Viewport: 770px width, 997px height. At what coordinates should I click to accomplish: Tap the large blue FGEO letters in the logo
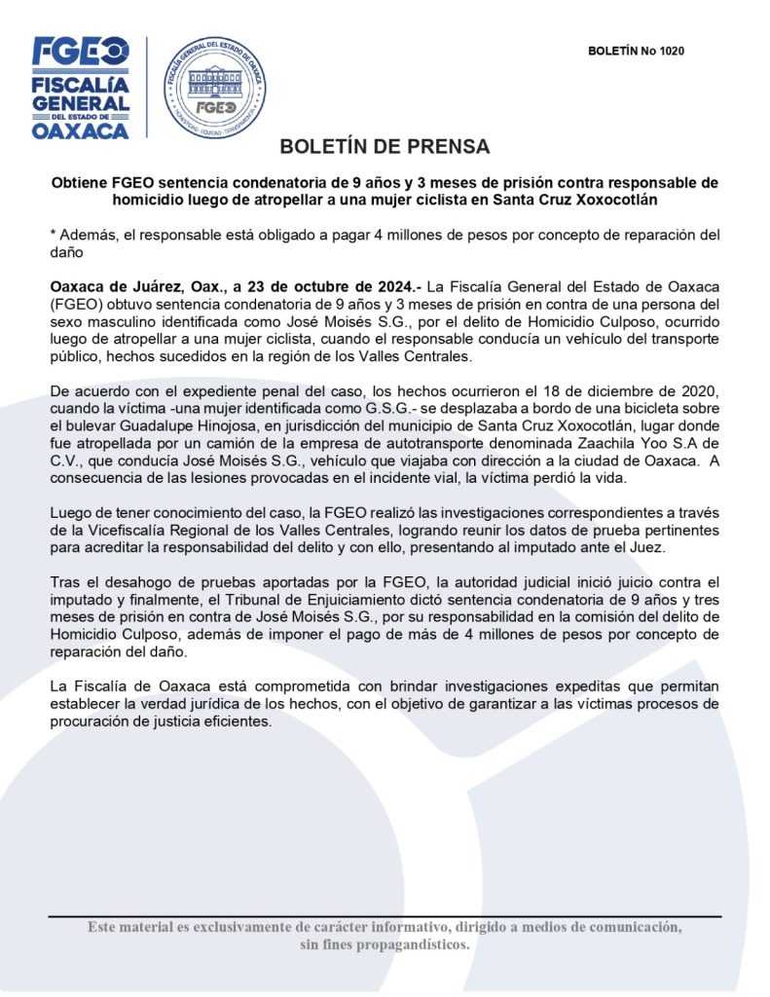(80, 51)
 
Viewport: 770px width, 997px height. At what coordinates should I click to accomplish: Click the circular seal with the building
(214, 86)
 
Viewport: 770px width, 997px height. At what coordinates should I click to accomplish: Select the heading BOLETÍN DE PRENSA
(385, 147)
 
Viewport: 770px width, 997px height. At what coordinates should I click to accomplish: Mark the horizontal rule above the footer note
(385, 916)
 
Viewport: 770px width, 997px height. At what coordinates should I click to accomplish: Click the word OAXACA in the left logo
(80, 130)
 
